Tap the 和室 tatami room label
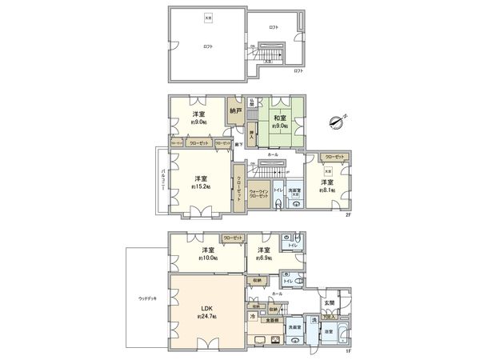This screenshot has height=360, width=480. tap(279, 118)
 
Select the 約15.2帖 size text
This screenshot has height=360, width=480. tap(200, 186)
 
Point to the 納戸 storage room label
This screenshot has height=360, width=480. tap(235, 110)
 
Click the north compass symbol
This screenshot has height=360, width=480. tap(337, 121)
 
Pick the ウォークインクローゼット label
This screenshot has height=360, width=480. tap(258, 194)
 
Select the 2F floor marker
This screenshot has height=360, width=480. tap(349, 215)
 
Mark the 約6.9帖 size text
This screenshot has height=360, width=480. tap(264, 258)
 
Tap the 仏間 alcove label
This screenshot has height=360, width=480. tap(251, 102)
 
